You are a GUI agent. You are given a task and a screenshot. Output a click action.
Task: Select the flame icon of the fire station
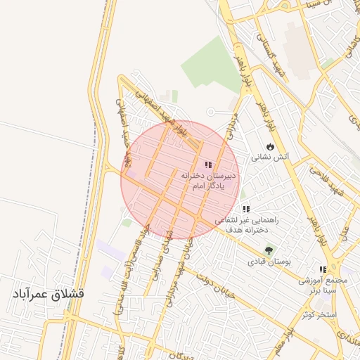pyautogui.click(x=270, y=146)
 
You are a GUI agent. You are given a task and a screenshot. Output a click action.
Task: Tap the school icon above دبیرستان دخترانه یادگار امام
pyautogui.click(x=207, y=164)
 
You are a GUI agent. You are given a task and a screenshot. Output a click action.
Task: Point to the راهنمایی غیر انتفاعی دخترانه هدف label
pyautogui.click(x=250, y=225)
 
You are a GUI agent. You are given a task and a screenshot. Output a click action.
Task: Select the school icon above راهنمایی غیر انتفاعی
pyautogui.click(x=246, y=209)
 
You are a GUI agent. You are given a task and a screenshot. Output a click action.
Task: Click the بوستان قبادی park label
pyautogui.click(x=264, y=262)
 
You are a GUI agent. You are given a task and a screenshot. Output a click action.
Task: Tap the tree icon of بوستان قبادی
pyautogui.click(x=268, y=250)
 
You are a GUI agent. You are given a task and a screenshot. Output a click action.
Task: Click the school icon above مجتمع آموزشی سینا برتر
pyautogui.click(x=323, y=269)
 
